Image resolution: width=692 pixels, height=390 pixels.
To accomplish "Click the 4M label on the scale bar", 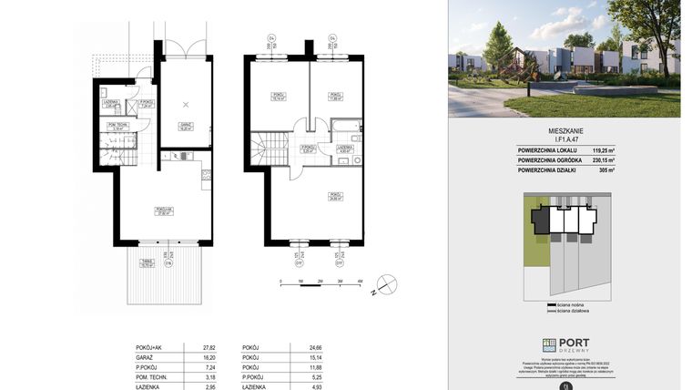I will [x=361, y=282].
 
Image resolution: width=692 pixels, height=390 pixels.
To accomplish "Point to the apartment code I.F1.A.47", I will [x=565, y=139].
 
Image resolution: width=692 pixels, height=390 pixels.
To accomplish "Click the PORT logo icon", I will [x=549, y=345].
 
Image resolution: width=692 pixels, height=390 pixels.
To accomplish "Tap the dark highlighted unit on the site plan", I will [x=542, y=220].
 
